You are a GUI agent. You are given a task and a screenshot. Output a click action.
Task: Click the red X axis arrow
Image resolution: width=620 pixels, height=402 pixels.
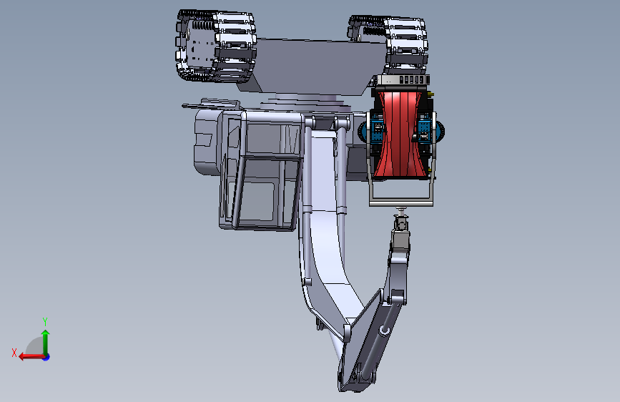click(x=31, y=356)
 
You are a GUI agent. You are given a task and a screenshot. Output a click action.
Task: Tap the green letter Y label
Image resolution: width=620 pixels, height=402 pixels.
click(x=45, y=322)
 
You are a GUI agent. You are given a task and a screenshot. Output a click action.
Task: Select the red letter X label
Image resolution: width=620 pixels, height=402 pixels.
click(x=14, y=353)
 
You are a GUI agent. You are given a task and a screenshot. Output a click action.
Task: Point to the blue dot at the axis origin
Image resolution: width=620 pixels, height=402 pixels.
click(x=46, y=357)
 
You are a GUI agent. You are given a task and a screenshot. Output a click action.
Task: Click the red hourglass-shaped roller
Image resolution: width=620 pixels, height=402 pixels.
click(x=400, y=134)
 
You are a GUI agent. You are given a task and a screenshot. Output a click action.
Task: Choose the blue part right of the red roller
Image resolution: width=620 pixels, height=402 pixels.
click(x=424, y=128)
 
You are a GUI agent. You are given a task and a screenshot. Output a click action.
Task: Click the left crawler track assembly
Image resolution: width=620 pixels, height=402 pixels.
click(x=216, y=46)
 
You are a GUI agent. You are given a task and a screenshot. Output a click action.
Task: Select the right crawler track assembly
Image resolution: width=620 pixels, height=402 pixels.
click(x=389, y=44)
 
